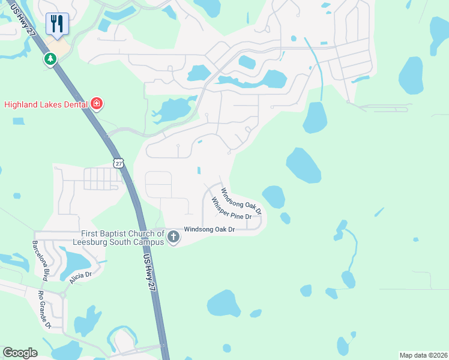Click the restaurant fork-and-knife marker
(57, 23)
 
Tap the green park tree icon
(49, 59)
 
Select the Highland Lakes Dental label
(46, 104)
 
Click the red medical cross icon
(97, 104)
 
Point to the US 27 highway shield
(118, 163)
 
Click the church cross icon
(173, 236)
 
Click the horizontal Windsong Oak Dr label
(209, 229)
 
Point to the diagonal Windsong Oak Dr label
(241, 201)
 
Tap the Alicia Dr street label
(80, 277)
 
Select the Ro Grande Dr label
(45, 310)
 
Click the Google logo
(20, 352)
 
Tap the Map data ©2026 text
(423, 355)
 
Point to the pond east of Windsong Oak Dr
(274, 196)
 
